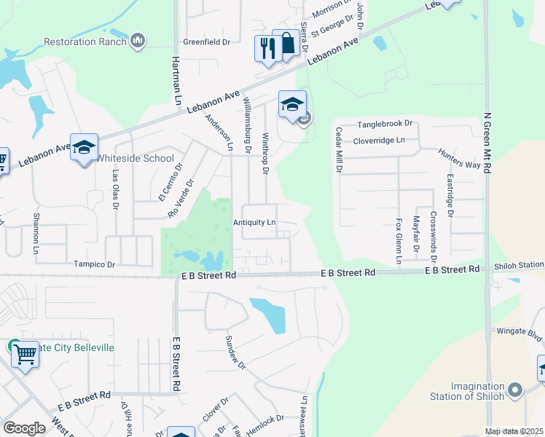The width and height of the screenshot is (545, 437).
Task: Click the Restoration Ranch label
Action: tap(85, 42)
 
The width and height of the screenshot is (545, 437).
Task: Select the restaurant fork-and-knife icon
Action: tap(267, 48)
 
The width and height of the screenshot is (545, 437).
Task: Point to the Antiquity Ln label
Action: tap(254, 222)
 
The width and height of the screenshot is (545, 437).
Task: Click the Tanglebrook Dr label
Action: tap(384, 124)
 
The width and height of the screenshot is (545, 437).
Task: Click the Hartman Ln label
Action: tap(176, 81)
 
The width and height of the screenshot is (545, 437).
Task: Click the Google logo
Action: tap(24, 428)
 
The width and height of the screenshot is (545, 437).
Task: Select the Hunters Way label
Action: tap(459, 160)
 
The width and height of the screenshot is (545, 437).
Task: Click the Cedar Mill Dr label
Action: tap(339, 150)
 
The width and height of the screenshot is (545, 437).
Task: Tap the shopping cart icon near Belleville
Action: tap(26, 355)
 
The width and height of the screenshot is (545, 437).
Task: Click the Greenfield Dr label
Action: tap(206, 42)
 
